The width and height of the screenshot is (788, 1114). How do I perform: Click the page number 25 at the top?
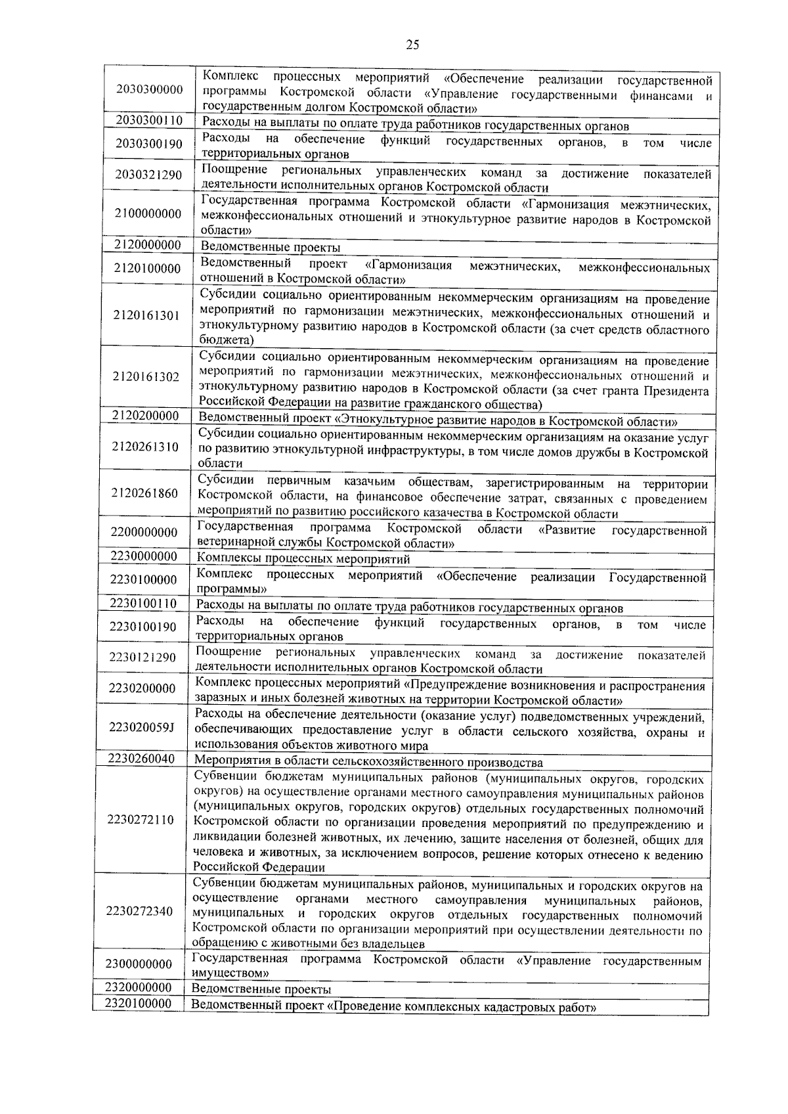point(412,45)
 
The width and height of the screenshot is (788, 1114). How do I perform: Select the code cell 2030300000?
point(150,89)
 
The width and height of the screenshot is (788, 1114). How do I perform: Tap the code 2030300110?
point(150,121)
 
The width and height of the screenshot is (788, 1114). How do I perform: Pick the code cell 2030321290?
point(149,175)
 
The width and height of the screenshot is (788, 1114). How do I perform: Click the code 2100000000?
point(148,213)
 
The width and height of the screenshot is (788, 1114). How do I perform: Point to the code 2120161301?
point(146,316)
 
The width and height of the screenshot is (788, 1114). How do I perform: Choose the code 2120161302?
point(146,376)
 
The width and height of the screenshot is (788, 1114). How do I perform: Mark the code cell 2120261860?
point(144,493)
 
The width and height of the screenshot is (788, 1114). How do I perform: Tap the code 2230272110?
point(141,820)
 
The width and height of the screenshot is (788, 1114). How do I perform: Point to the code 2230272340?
point(141,911)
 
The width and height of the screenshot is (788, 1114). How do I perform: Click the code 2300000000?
point(139,964)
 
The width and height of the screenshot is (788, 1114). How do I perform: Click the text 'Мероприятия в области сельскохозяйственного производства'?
point(369,763)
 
